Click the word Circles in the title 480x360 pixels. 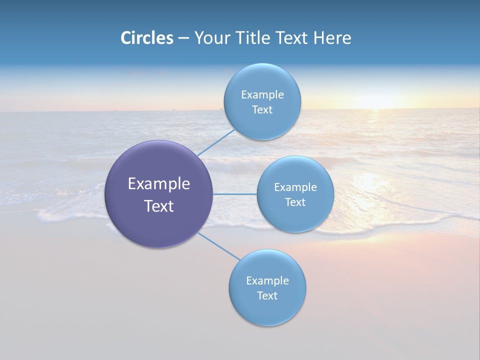click(147, 38)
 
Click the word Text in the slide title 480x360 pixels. click(292, 38)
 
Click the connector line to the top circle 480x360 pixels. click(216, 142)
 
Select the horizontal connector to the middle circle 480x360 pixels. click(234, 194)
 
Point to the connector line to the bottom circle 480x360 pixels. click(218, 245)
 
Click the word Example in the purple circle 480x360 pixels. click(159, 184)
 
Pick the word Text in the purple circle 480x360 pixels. click(159, 206)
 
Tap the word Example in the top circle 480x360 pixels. click(262, 95)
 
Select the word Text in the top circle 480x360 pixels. click(262, 110)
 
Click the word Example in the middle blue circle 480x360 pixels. click(295, 187)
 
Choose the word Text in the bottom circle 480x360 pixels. click(267, 296)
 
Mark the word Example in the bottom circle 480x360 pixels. click(267, 281)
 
